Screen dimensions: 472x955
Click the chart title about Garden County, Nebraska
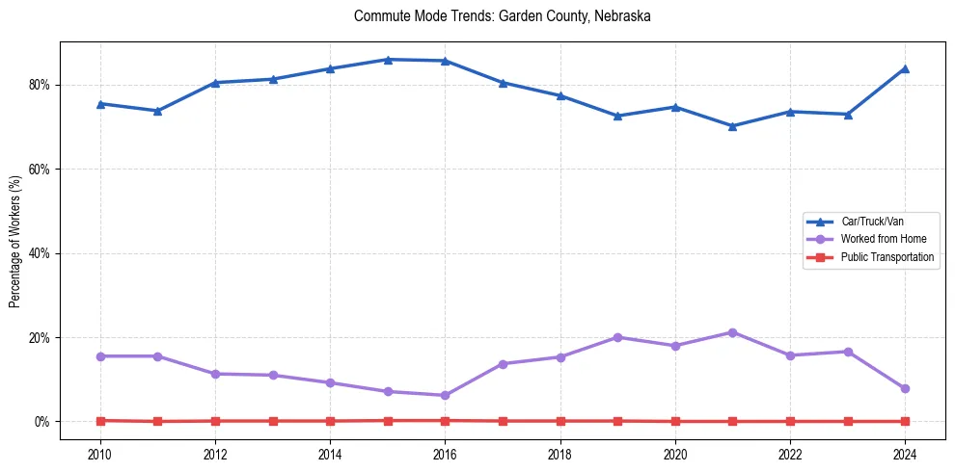tap(502, 16)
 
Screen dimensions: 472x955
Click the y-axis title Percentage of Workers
tap(15, 241)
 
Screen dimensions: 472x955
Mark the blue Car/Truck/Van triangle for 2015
tap(388, 60)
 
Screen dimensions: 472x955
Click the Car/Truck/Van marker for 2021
tap(732, 126)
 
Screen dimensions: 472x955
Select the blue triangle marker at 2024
tap(905, 68)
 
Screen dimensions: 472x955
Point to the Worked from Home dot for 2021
tap(732, 332)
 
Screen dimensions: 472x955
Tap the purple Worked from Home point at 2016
tap(445, 395)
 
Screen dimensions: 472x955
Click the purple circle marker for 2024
tap(905, 388)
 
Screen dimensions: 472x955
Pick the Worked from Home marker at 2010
tap(100, 356)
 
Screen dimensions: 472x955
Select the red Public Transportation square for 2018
tap(560, 421)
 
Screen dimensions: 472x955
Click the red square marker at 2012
tap(215, 421)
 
